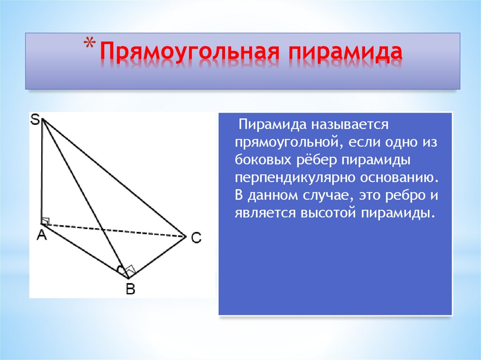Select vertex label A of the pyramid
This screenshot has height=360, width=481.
(x=42, y=236)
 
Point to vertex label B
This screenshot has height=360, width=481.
(x=130, y=290)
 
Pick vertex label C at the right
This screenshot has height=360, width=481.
(x=196, y=238)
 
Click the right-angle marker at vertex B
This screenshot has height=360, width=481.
(x=130, y=271)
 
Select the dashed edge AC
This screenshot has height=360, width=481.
(x=113, y=230)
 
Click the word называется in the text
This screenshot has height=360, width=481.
(x=347, y=125)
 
